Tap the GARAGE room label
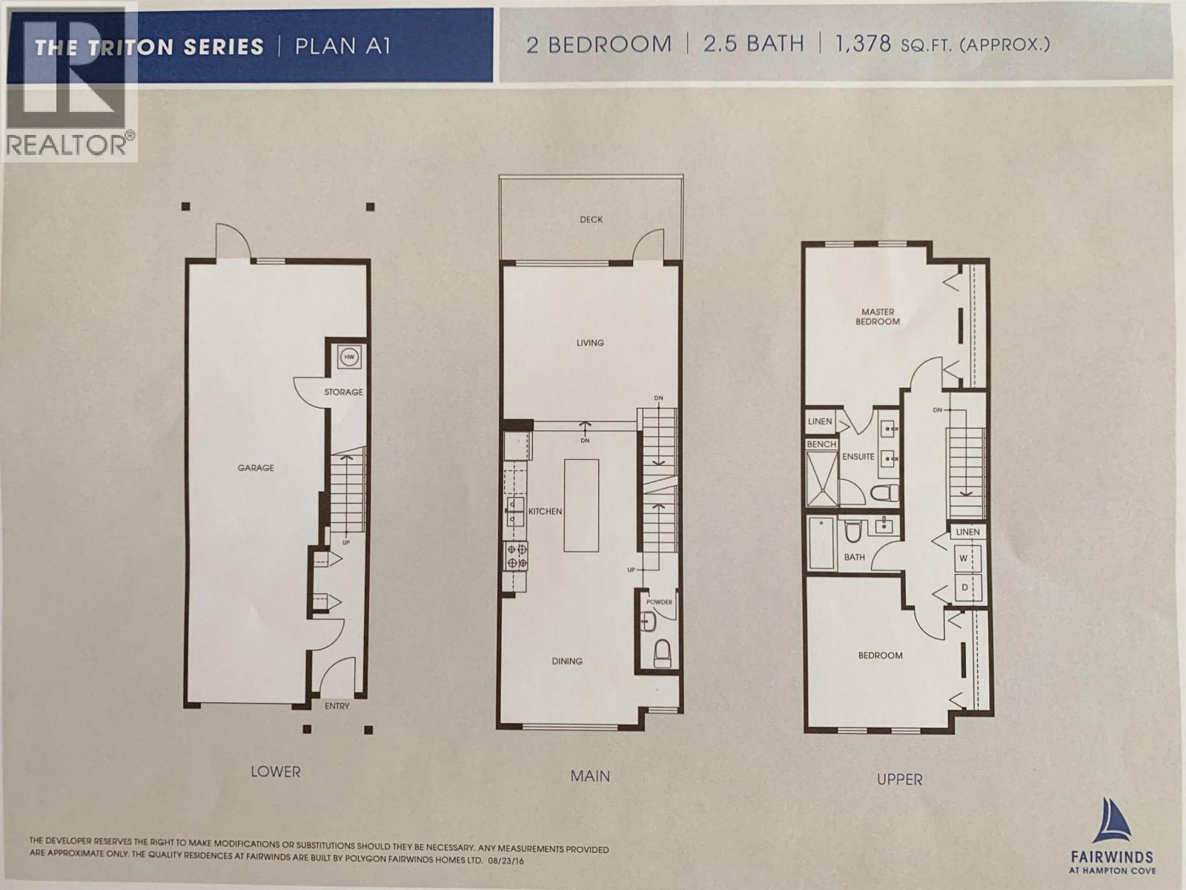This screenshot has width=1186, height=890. (x=256, y=468)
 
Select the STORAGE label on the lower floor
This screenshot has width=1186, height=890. (x=344, y=392)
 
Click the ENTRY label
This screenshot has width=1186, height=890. (x=337, y=706)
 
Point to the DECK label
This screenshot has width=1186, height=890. (x=591, y=220)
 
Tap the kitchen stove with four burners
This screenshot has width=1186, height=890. (x=516, y=556)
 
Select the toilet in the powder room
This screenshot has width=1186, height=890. (x=662, y=653)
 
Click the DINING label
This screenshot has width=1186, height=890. (x=567, y=661)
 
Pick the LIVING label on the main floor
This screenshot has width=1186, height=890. (x=590, y=343)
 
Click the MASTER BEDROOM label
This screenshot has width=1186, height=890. (x=878, y=317)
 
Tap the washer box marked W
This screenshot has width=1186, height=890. (x=964, y=558)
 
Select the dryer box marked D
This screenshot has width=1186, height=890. (x=964, y=587)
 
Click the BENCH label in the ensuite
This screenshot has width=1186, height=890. (x=821, y=444)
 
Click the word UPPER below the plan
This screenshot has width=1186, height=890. (x=899, y=779)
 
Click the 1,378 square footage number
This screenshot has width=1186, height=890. (x=863, y=44)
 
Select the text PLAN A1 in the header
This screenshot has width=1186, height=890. (x=342, y=47)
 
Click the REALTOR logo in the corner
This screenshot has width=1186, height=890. (x=69, y=81)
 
